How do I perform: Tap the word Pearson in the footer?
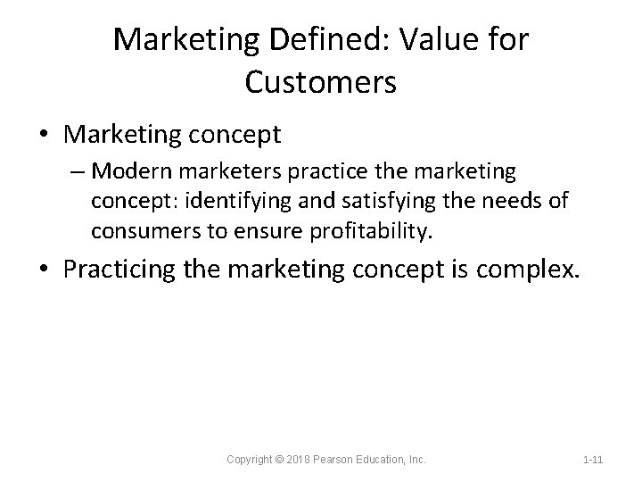(340, 460)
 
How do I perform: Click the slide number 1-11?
(592, 460)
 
